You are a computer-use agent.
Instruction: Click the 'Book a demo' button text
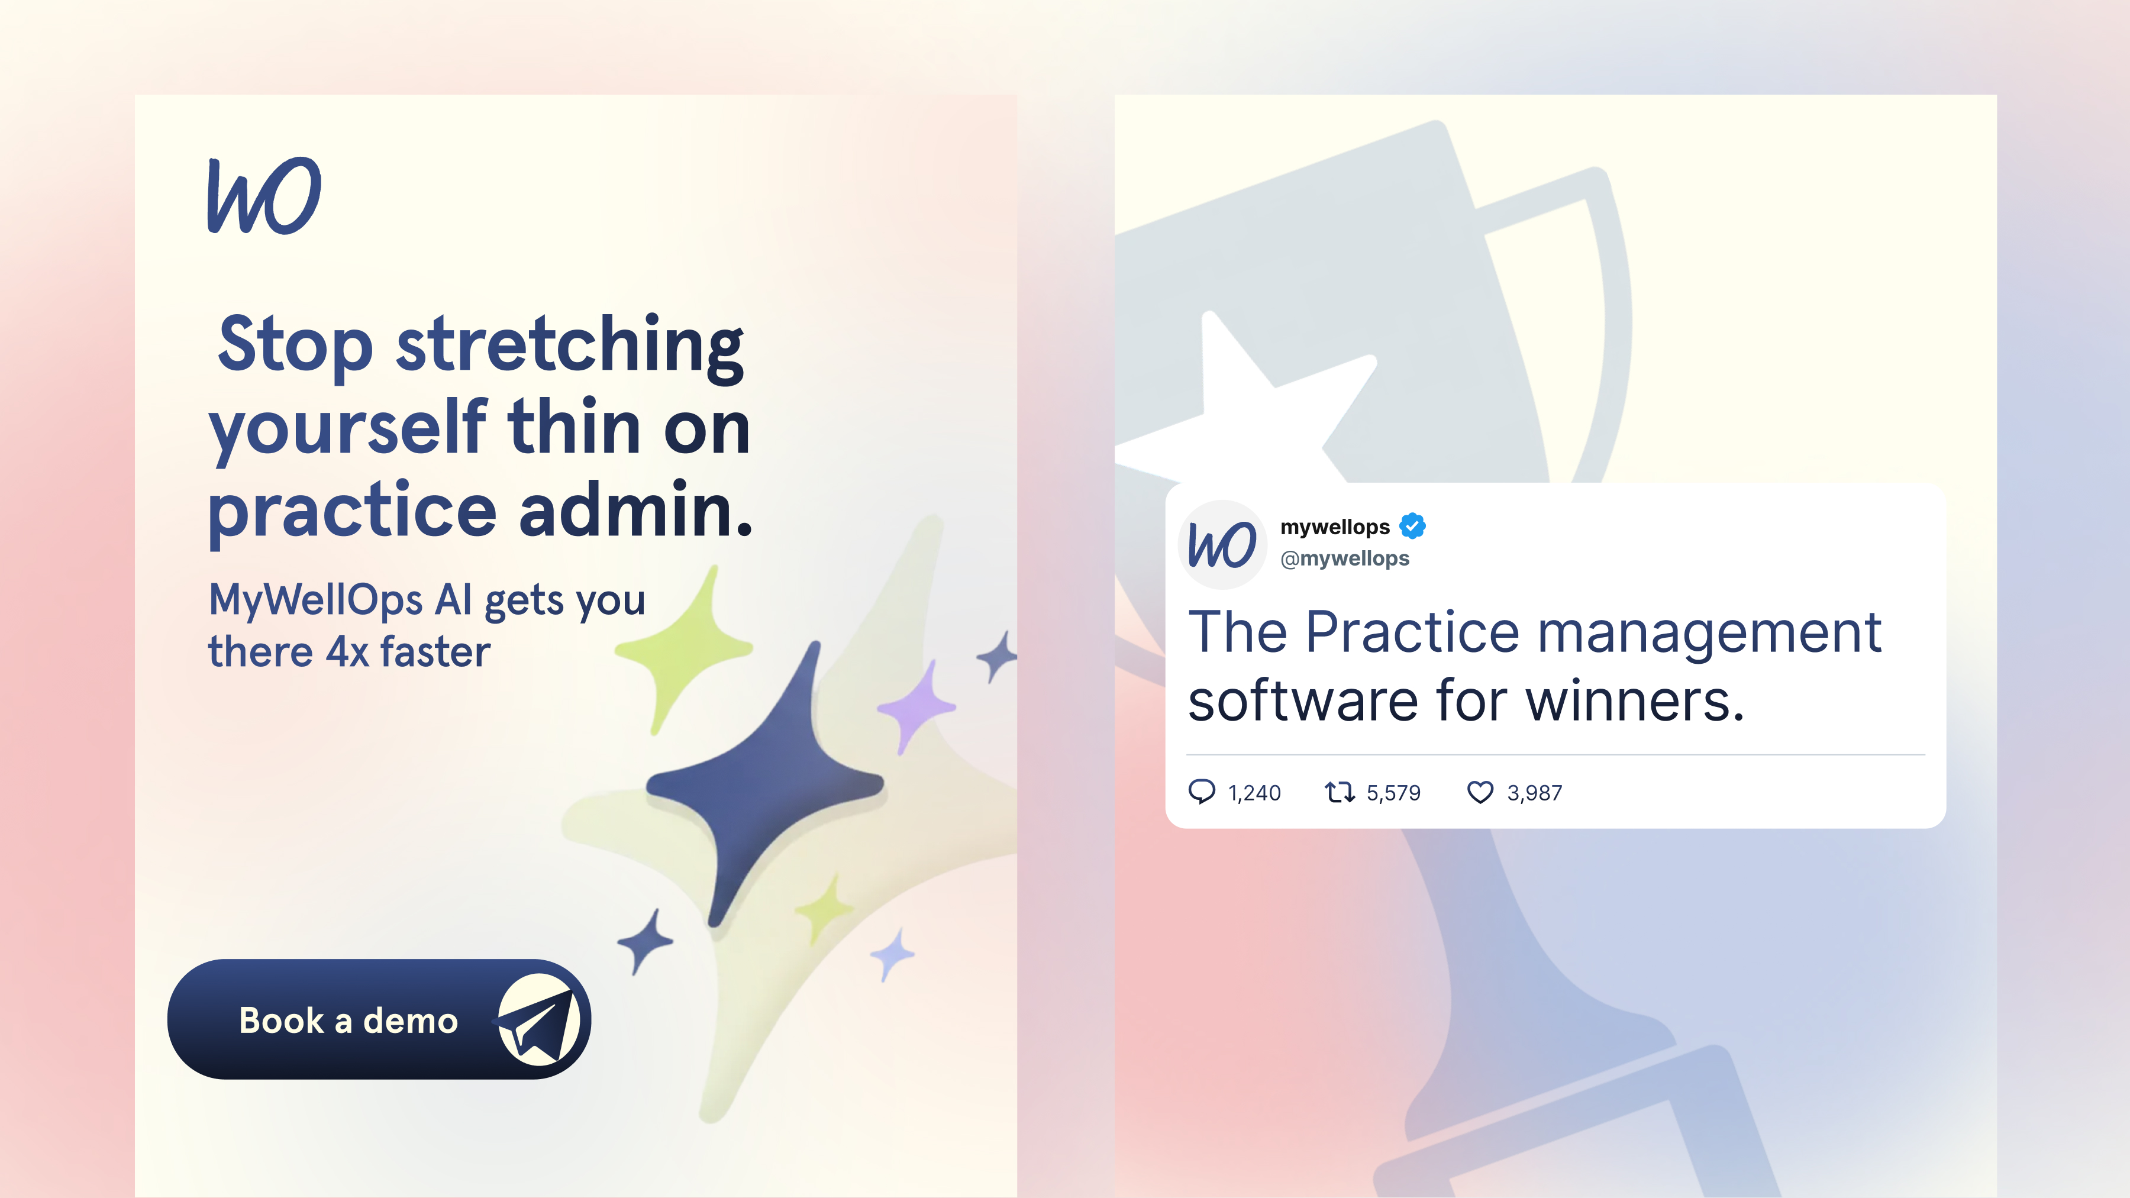point(348,1021)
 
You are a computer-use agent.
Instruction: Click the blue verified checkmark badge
point(1412,526)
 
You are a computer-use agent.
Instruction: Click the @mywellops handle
point(1344,559)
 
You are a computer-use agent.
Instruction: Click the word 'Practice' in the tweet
point(1412,632)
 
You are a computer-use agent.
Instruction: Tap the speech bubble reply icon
point(1202,792)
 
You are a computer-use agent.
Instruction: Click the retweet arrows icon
point(1340,793)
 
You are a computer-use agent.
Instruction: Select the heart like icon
point(1480,793)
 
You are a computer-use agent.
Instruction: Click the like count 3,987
point(1535,793)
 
